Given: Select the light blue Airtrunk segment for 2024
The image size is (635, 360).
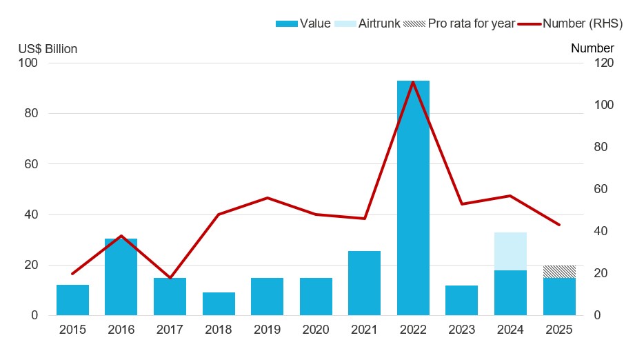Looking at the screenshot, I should click(510, 251).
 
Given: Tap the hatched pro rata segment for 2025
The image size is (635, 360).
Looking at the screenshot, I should click(559, 272).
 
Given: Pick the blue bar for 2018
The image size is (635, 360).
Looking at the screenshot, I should click(219, 304).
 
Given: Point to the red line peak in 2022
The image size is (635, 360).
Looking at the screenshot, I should click(413, 82).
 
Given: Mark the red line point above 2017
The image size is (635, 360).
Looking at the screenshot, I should click(170, 278).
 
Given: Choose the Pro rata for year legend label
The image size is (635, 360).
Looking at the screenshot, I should click(472, 23).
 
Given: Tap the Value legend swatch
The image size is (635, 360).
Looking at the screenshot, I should click(286, 23).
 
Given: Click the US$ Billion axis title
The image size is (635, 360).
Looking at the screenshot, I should click(48, 49).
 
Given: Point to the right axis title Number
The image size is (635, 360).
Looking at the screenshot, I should click(592, 48).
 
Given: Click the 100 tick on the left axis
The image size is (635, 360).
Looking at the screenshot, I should click(30, 63).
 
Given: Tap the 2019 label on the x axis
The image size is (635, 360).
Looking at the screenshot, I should click(267, 330).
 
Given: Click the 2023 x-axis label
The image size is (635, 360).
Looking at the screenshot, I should click(461, 330).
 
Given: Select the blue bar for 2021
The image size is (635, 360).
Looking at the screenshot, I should click(364, 283).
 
